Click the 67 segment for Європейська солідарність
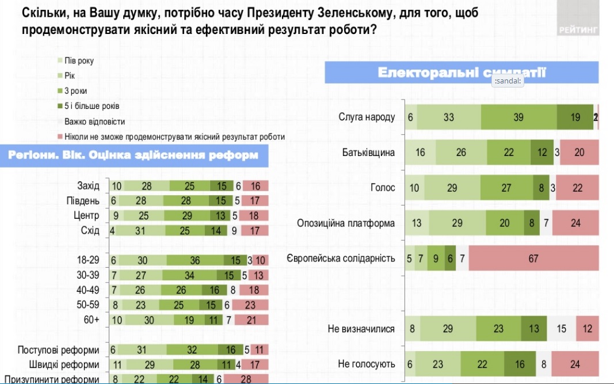[534, 258]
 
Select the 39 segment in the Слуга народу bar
[518, 117]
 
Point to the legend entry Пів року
[79, 61]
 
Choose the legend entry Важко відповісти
[94, 121]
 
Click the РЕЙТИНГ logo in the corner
[578, 29]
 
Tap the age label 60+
[92, 321]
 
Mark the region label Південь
[83, 201]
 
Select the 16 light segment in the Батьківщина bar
[420, 153]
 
